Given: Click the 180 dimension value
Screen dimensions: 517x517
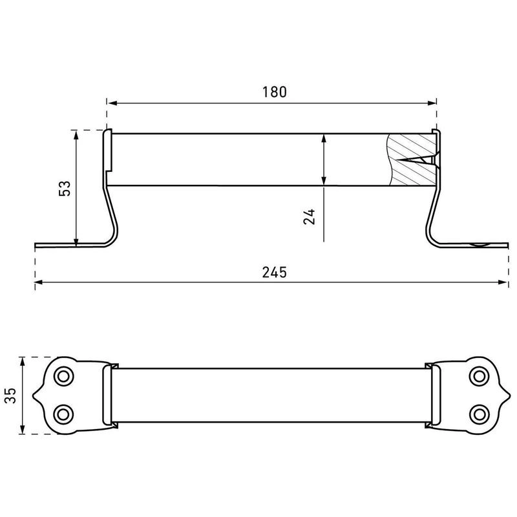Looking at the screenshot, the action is [x=274, y=92].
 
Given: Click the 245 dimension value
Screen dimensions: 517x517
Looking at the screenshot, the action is [x=274, y=272].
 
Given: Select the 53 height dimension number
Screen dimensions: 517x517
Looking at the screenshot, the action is [x=65, y=189].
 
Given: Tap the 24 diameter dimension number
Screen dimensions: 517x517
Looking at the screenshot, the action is [x=310, y=216].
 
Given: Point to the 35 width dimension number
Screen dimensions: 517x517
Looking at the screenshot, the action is [x=10, y=396].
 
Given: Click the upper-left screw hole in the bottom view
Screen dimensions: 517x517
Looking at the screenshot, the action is [x=63, y=376].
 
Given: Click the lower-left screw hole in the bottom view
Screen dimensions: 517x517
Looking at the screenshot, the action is [x=63, y=414].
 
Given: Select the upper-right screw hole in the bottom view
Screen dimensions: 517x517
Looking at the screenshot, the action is [x=479, y=376].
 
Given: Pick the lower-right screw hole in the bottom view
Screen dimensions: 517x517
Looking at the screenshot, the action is [x=479, y=414].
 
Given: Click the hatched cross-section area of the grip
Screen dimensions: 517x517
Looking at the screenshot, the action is [x=412, y=160].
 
